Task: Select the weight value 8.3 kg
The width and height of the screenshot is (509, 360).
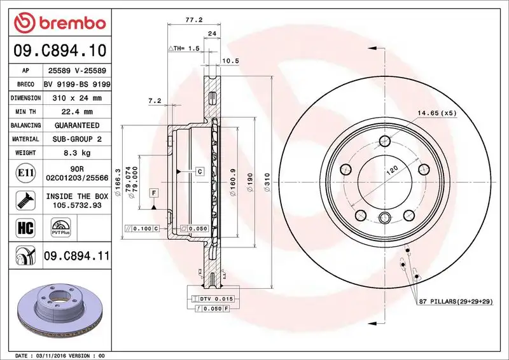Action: tap(76, 153)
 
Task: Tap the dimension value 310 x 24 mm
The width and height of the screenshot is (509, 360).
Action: tap(76, 98)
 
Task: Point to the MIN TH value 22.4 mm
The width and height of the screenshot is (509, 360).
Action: tap(76, 112)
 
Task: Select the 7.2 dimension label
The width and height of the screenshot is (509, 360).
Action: tap(154, 100)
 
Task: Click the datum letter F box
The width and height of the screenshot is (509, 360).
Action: tap(154, 191)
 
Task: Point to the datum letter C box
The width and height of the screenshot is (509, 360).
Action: tap(199, 172)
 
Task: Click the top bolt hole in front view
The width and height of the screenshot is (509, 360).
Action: tap(384, 141)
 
